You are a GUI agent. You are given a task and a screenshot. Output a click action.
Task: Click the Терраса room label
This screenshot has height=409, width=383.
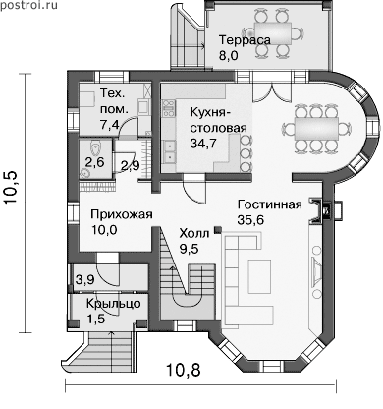(245, 40)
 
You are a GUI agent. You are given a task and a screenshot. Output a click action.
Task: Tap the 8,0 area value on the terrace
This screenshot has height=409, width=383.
(229, 55)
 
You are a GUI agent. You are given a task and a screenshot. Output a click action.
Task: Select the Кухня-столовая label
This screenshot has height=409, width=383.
(219, 120)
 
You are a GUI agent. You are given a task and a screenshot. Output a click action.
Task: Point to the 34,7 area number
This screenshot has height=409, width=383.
(204, 143)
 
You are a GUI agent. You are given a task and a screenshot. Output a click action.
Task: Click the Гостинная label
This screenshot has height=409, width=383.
(270, 204)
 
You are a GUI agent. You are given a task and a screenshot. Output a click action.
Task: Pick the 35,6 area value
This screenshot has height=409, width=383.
(250, 220)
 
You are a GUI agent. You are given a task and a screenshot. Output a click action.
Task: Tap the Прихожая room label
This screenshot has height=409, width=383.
(122, 215)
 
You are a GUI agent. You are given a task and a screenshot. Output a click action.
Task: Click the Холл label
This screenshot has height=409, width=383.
(193, 234)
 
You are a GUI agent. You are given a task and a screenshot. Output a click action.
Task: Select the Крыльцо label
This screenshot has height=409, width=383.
(114, 304)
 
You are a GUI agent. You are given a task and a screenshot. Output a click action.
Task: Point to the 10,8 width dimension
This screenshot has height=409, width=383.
(184, 371)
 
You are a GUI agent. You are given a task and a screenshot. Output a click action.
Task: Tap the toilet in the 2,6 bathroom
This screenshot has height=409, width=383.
(95, 148)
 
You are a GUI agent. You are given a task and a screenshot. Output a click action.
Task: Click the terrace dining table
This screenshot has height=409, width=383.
(273, 33)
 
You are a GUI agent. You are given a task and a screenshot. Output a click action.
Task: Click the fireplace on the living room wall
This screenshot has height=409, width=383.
(321, 211)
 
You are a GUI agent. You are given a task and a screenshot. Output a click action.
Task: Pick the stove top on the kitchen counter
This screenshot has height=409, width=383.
(169, 108)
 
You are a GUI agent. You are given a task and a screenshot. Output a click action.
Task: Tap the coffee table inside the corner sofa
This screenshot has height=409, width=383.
(259, 276)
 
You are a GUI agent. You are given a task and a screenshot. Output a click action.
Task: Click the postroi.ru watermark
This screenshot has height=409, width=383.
(28, 6)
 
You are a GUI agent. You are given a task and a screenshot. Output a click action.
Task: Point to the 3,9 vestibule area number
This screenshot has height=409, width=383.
(85, 280)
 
